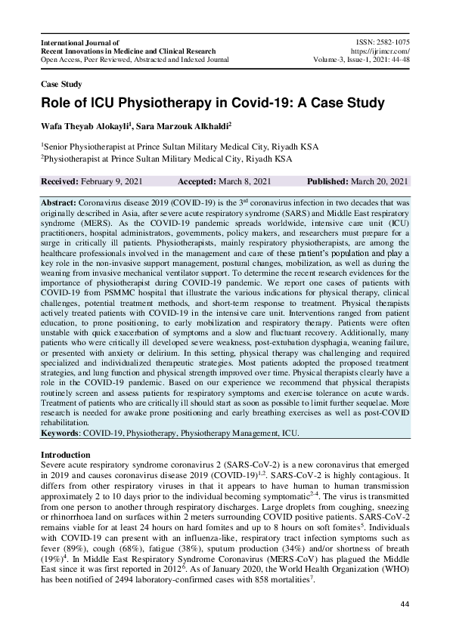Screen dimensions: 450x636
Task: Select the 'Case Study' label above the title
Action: coord(61,85)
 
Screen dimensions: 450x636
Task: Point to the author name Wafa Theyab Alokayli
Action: coord(88,125)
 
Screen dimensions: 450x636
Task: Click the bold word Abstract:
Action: coord(61,204)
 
